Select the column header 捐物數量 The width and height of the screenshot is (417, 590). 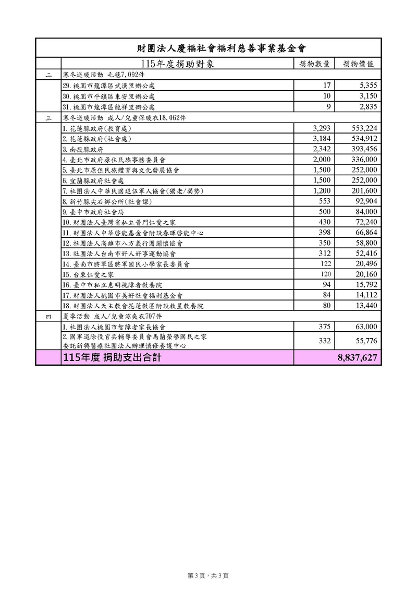click(x=314, y=64)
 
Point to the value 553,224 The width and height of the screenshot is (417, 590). click(x=365, y=128)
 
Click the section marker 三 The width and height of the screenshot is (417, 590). click(x=48, y=118)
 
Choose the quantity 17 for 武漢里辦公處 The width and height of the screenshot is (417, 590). click(x=327, y=86)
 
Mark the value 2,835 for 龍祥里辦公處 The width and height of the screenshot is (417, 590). click(x=367, y=107)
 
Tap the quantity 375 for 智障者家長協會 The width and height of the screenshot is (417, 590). click(x=324, y=327)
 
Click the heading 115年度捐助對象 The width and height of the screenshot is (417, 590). click(x=177, y=64)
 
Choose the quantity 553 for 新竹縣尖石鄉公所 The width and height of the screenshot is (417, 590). click(x=324, y=201)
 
